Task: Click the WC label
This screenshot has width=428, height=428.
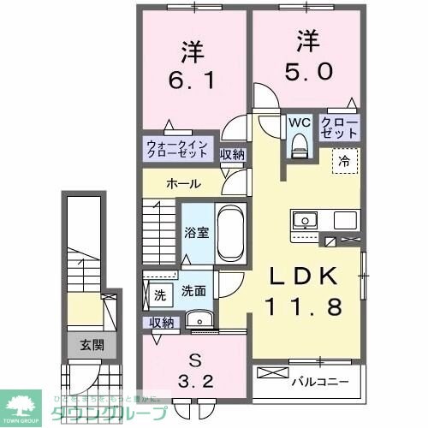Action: pyautogui.click(x=298, y=122)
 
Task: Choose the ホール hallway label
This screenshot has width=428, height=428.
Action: pyautogui.click(x=183, y=183)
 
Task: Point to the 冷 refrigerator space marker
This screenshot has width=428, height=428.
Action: pyautogui.click(x=343, y=159)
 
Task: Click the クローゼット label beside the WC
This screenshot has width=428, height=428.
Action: pyautogui.click(x=339, y=128)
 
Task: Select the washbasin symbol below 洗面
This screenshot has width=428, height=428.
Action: pyautogui.click(x=202, y=321)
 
